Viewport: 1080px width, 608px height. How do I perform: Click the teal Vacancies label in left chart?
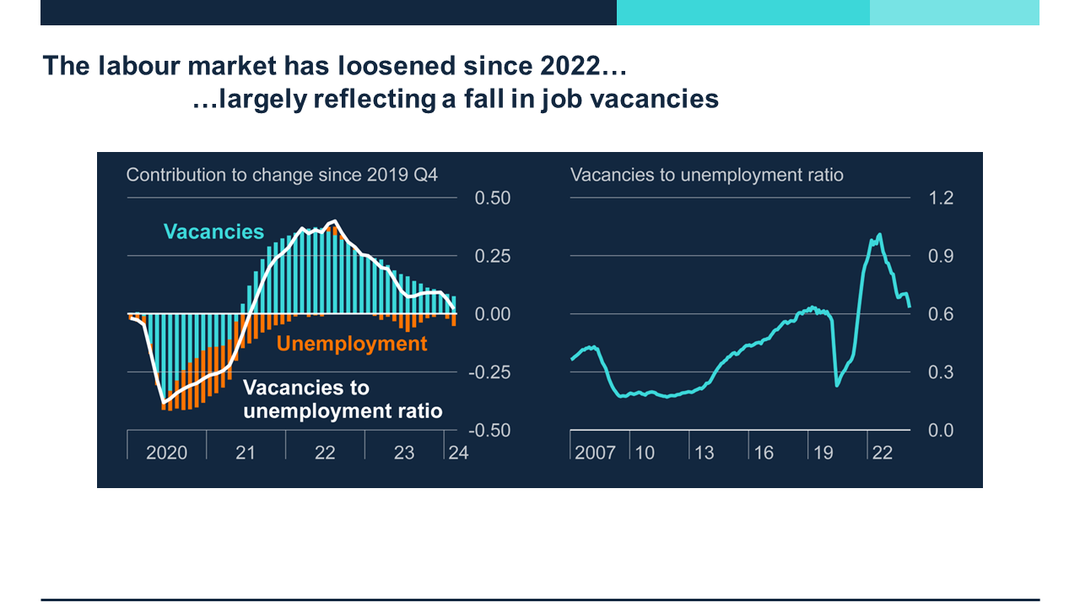pyautogui.click(x=213, y=231)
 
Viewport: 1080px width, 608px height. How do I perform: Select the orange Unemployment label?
pyautogui.click(x=352, y=344)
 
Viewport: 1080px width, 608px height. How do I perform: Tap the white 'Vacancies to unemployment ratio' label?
pyautogui.click(x=343, y=399)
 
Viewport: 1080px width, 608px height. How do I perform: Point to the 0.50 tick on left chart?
pyautogui.click(x=493, y=198)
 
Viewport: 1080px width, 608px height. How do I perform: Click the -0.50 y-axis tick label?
pyautogui.click(x=489, y=430)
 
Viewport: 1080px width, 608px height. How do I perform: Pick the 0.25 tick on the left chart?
pyautogui.click(x=493, y=256)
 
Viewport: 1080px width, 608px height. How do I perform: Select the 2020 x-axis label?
pyautogui.click(x=166, y=453)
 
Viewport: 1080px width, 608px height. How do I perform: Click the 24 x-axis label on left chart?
pyautogui.click(x=458, y=453)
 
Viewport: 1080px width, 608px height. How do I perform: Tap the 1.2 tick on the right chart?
pyautogui.click(x=942, y=198)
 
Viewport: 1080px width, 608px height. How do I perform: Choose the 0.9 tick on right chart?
pyautogui.click(x=942, y=256)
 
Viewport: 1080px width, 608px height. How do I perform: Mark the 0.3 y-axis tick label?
pyautogui.click(x=942, y=372)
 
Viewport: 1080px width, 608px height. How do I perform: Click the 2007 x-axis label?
pyautogui.click(x=596, y=453)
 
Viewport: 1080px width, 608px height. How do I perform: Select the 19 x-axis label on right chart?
pyautogui.click(x=823, y=453)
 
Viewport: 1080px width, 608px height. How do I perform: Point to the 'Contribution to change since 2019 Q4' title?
pyautogui.click(x=282, y=175)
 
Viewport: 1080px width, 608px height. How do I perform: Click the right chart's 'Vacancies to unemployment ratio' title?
pyautogui.click(x=707, y=175)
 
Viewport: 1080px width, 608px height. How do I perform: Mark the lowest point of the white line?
pyautogui.click(x=164, y=401)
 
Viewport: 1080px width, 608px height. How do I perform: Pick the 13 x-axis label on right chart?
pyautogui.click(x=705, y=453)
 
